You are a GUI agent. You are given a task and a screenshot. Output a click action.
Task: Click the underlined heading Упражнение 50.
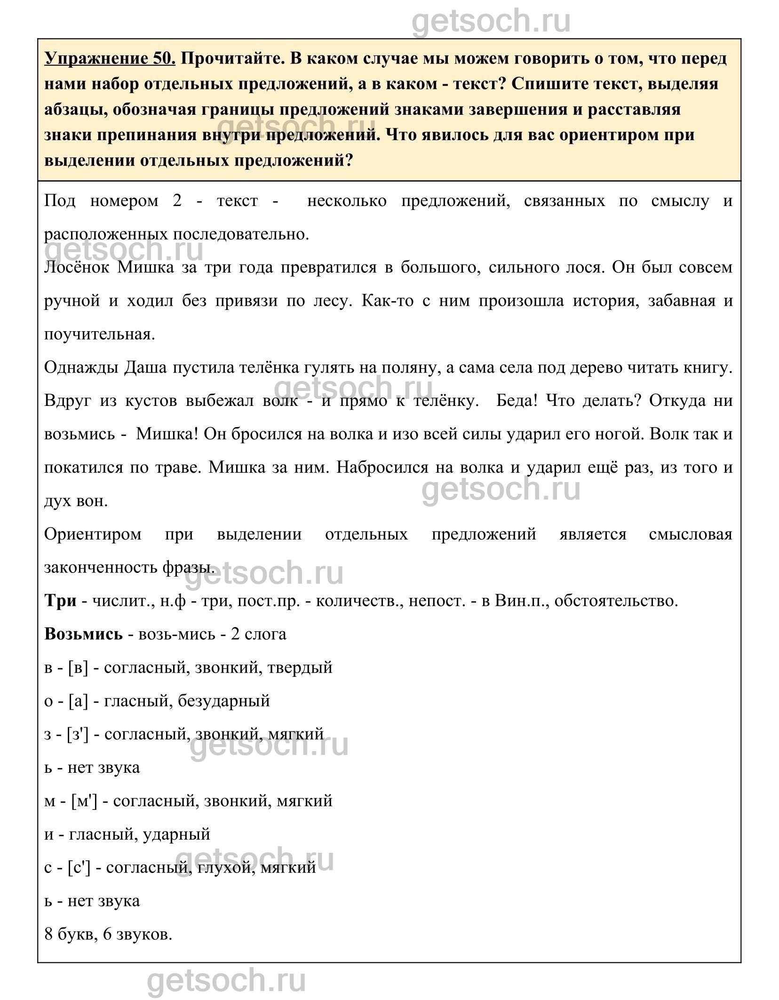point(110,58)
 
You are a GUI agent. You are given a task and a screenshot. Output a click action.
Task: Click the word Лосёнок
point(77,267)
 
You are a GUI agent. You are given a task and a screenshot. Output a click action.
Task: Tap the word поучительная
point(99,334)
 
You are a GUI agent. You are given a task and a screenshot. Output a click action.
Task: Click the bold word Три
point(60,601)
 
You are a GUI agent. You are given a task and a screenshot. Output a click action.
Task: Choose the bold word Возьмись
point(83,634)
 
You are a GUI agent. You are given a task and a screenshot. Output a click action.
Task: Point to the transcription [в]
point(78,667)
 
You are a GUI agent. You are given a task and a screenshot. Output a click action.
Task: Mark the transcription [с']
point(79,868)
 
